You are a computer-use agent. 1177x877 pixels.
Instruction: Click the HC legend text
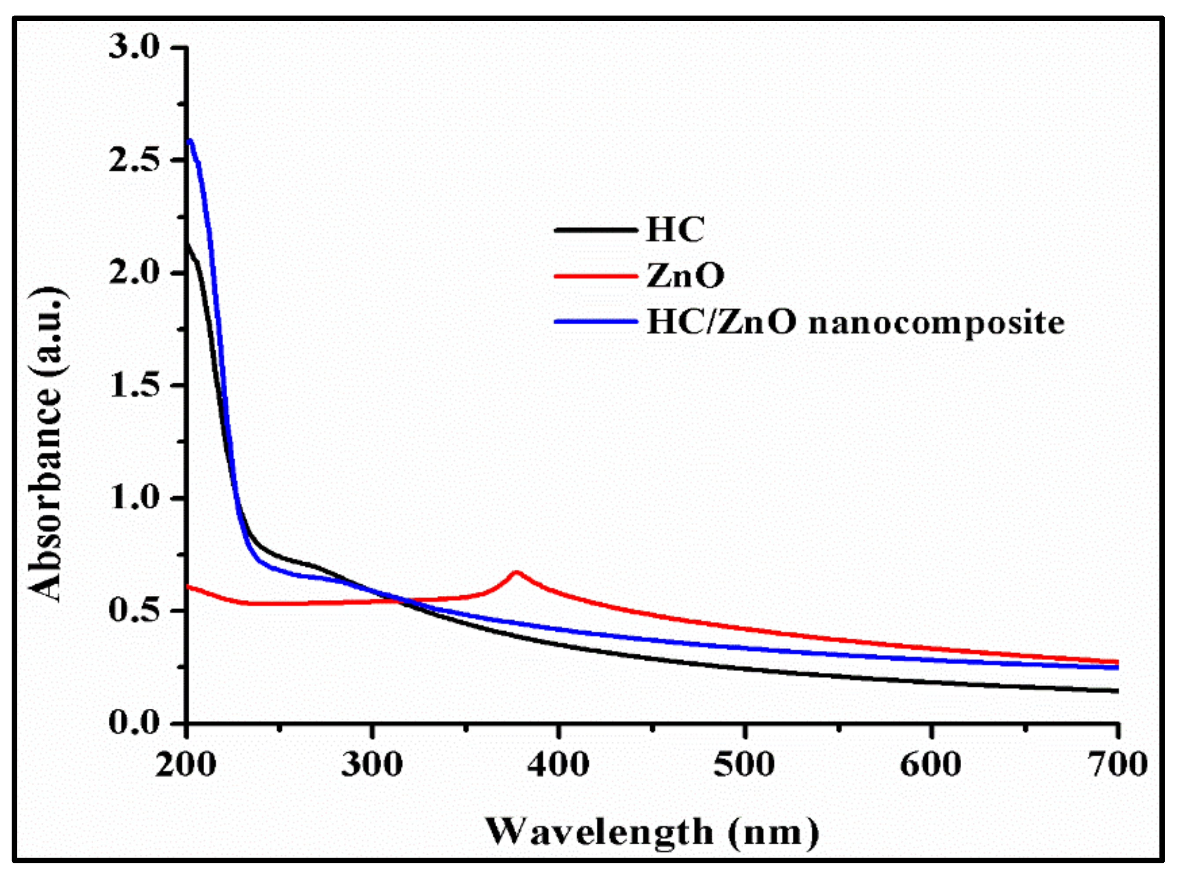pyautogui.click(x=675, y=230)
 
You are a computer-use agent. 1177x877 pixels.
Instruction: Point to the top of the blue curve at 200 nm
pyautogui.click(x=190, y=141)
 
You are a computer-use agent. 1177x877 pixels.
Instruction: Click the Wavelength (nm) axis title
pyautogui.click(x=653, y=832)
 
